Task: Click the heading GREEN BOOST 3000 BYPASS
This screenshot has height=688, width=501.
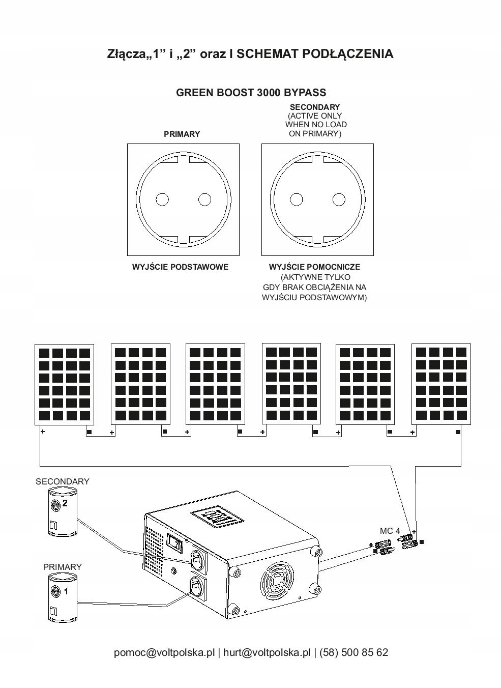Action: coord(251,93)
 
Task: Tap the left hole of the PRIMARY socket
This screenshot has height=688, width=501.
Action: coord(162,199)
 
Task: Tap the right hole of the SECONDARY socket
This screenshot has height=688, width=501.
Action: coord(339,199)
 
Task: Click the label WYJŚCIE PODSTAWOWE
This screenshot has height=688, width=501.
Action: coord(180,267)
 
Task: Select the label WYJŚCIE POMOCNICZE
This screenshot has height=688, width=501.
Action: coord(314,267)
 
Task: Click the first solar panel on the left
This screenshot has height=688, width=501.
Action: coord(64,384)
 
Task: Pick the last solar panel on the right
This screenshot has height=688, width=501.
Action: coord(440,384)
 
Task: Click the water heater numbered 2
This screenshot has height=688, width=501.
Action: coord(62,511)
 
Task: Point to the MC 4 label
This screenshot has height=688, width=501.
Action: coord(390,531)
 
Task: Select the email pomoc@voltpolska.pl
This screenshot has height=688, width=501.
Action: coord(164,652)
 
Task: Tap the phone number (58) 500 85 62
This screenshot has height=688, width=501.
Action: coord(353,652)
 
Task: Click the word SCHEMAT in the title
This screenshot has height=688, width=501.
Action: coord(268,54)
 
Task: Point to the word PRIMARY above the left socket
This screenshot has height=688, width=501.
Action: coord(182,134)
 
